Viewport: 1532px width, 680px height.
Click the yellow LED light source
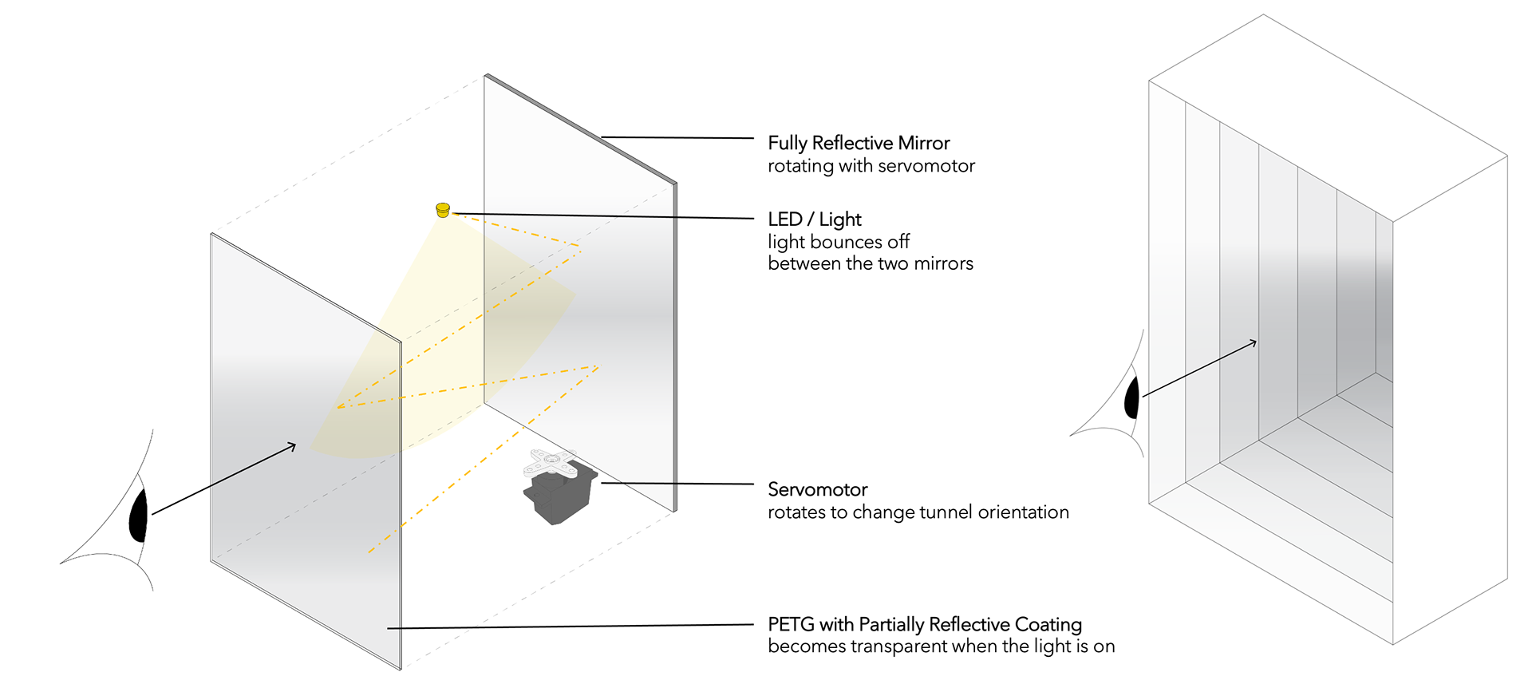443,210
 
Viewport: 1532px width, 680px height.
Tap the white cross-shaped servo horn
551,464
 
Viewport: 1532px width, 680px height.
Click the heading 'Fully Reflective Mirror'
859,143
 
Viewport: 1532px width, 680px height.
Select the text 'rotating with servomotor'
871,166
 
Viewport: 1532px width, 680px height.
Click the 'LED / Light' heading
815,219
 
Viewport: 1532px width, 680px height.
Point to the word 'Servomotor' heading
817,489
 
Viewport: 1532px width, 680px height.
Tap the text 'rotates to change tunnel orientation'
918,512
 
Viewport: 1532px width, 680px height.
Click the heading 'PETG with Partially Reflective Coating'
924,624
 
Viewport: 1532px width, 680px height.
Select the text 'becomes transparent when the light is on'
941,646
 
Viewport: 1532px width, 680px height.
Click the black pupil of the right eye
1131,398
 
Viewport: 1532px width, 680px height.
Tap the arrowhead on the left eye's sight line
292,445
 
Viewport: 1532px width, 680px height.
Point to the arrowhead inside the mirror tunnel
1254,342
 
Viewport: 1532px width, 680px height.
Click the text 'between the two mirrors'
871,263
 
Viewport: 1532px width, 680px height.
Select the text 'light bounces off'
839,242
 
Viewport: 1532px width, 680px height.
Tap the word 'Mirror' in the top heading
924,143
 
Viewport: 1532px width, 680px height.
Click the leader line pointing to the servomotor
678,484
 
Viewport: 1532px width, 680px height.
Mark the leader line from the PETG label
571,627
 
